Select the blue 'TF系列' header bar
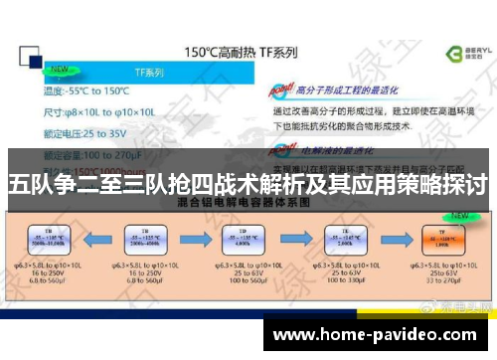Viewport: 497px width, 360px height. pos(150,74)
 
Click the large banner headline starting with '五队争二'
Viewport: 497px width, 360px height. pos(248,184)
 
